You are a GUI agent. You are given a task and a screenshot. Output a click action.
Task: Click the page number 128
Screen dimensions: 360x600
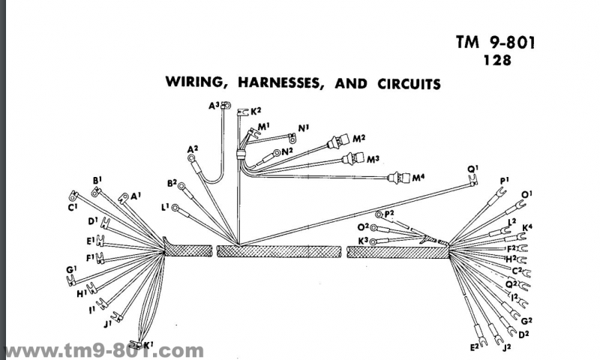click(x=499, y=61)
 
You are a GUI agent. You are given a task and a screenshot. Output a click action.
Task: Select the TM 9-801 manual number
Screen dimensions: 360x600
click(x=496, y=42)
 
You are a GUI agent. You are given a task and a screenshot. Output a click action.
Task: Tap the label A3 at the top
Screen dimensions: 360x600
click(x=214, y=106)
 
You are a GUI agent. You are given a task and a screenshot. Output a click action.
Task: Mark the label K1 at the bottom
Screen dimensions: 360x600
click(x=148, y=345)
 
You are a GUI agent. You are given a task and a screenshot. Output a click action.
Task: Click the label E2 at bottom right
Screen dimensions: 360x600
click(x=473, y=346)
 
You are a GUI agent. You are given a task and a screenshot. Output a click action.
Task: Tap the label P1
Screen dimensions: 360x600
click(x=504, y=180)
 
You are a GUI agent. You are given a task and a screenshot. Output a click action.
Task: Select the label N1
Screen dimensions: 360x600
click(x=303, y=127)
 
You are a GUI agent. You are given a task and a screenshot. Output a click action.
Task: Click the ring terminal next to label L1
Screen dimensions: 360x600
click(x=175, y=208)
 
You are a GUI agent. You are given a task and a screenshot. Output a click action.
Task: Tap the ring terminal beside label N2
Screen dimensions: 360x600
click(x=277, y=152)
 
